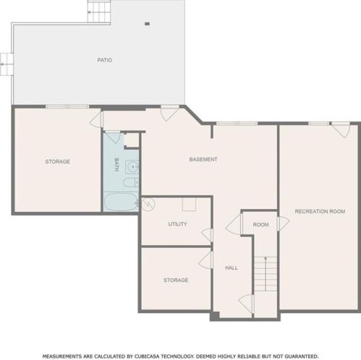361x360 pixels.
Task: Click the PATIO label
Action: [105, 60]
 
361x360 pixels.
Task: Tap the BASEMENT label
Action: [203, 159]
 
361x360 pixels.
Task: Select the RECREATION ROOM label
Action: [320, 211]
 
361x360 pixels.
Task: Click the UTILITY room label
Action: [177, 224]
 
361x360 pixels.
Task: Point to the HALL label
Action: [232, 267]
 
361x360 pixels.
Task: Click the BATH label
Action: [116, 165]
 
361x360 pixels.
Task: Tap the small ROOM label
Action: [260, 225]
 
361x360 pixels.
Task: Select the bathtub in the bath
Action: [121, 202]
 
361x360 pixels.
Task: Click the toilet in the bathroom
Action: [131, 182]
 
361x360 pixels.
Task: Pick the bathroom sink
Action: [132, 167]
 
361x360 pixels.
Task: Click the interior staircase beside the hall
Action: [266, 274]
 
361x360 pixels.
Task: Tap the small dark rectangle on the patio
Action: [147, 24]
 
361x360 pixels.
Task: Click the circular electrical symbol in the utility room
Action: [148, 205]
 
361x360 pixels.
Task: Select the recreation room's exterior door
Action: [341, 130]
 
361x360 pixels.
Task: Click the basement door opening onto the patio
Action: [170, 113]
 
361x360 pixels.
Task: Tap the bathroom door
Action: [112, 137]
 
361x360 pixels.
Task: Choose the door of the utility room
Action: [208, 235]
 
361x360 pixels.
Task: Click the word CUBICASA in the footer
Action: [147, 356]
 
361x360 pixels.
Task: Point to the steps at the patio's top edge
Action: [99, 12]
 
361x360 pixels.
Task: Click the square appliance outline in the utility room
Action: [189, 205]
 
